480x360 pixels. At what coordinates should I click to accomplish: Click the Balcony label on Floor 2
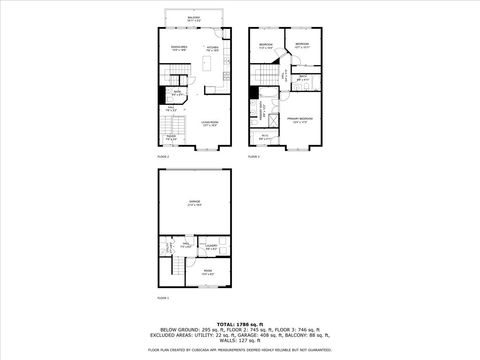point(193,18)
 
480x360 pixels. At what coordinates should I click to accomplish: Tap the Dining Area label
point(179,47)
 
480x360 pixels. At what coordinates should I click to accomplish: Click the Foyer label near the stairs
point(172,137)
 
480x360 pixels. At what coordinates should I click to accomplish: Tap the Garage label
point(194,203)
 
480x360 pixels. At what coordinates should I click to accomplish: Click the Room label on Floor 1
point(208,271)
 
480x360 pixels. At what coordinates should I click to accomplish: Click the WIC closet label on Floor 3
point(266,137)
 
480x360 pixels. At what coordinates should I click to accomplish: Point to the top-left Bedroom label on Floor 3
point(266,47)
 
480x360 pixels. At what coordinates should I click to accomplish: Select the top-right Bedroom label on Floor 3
point(303,45)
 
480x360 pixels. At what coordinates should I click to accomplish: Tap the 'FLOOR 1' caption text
point(163,297)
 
